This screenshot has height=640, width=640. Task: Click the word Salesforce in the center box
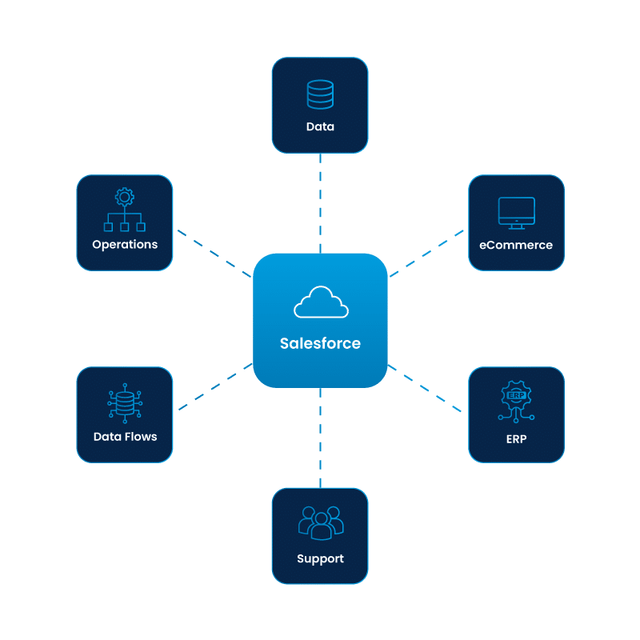pyautogui.click(x=320, y=343)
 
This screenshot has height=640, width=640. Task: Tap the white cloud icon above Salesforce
pyautogui.click(x=320, y=303)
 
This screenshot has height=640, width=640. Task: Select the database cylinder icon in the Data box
pyautogui.click(x=320, y=94)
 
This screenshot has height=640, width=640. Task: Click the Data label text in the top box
pyautogui.click(x=320, y=126)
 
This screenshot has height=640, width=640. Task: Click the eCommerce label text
pyautogui.click(x=516, y=245)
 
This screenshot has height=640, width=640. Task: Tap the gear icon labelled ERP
pyautogui.click(x=516, y=401)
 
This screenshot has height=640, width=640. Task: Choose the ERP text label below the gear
pyautogui.click(x=516, y=439)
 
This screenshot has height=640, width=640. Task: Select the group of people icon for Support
pyautogui.click(x=320, y=522)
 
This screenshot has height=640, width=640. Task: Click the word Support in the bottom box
pyautogui.click(x=320, y=558)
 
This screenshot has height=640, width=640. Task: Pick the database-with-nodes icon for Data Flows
pyautogui.click(x=125, y=403)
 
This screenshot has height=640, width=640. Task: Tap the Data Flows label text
pyautogui.click(x=125, y=437)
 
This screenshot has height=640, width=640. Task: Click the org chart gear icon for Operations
pyautogui.click(x=125, y=210)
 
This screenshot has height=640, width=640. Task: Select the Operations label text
pyautogui.click(x=125, y=245)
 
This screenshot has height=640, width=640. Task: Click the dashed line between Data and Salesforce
pyautogui.click(x=321, y=203)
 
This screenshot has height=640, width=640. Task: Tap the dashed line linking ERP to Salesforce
pyautogui.click(x=426, y=390)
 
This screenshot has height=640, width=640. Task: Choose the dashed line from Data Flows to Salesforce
pyautogui.click(x=214, y=388)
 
